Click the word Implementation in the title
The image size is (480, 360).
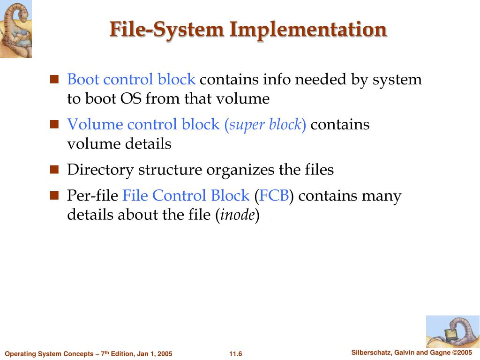coord(308,29)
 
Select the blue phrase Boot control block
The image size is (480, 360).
coord(131,79)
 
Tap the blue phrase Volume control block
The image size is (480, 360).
coord(143,124)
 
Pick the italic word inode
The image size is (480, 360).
coord(238,215)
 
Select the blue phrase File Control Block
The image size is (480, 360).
coord(186,195)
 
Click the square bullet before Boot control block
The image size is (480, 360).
coord(54,79)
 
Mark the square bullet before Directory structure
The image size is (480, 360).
coord(54,169)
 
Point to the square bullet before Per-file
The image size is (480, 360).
coord(54,195)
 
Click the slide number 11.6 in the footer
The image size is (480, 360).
coord(236,354)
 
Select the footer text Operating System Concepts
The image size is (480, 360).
coord(50,354)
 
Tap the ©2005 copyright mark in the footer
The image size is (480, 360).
coord(462,352)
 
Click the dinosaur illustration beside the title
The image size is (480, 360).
coord(15,29)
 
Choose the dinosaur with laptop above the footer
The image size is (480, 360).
coord(452,331)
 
